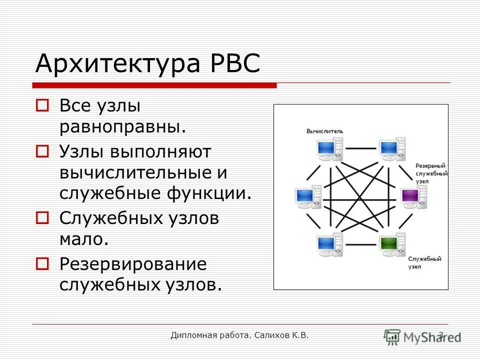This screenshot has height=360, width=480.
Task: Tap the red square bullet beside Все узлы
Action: (42, 105)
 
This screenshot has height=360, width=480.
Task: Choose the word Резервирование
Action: (132, 263)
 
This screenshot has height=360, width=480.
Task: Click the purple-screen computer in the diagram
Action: (412, 195)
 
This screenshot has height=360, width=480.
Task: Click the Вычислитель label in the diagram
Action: (325, 131)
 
